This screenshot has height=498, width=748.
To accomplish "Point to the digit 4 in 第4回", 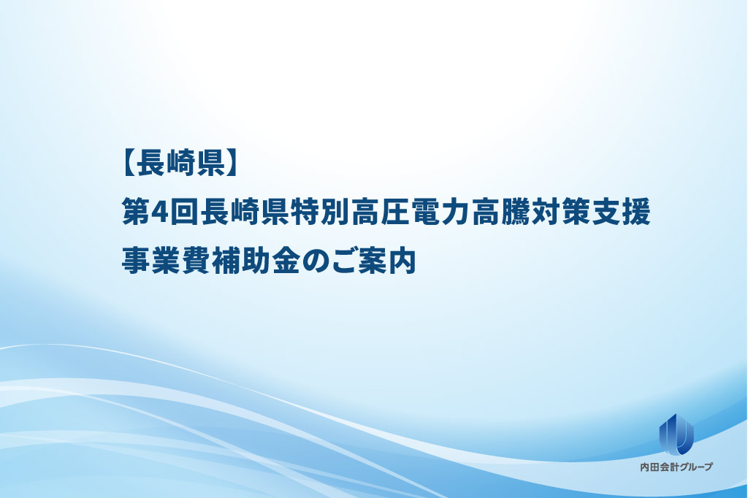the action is (x=159, y=212).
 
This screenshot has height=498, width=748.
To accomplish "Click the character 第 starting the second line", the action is (x=137, y=212).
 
